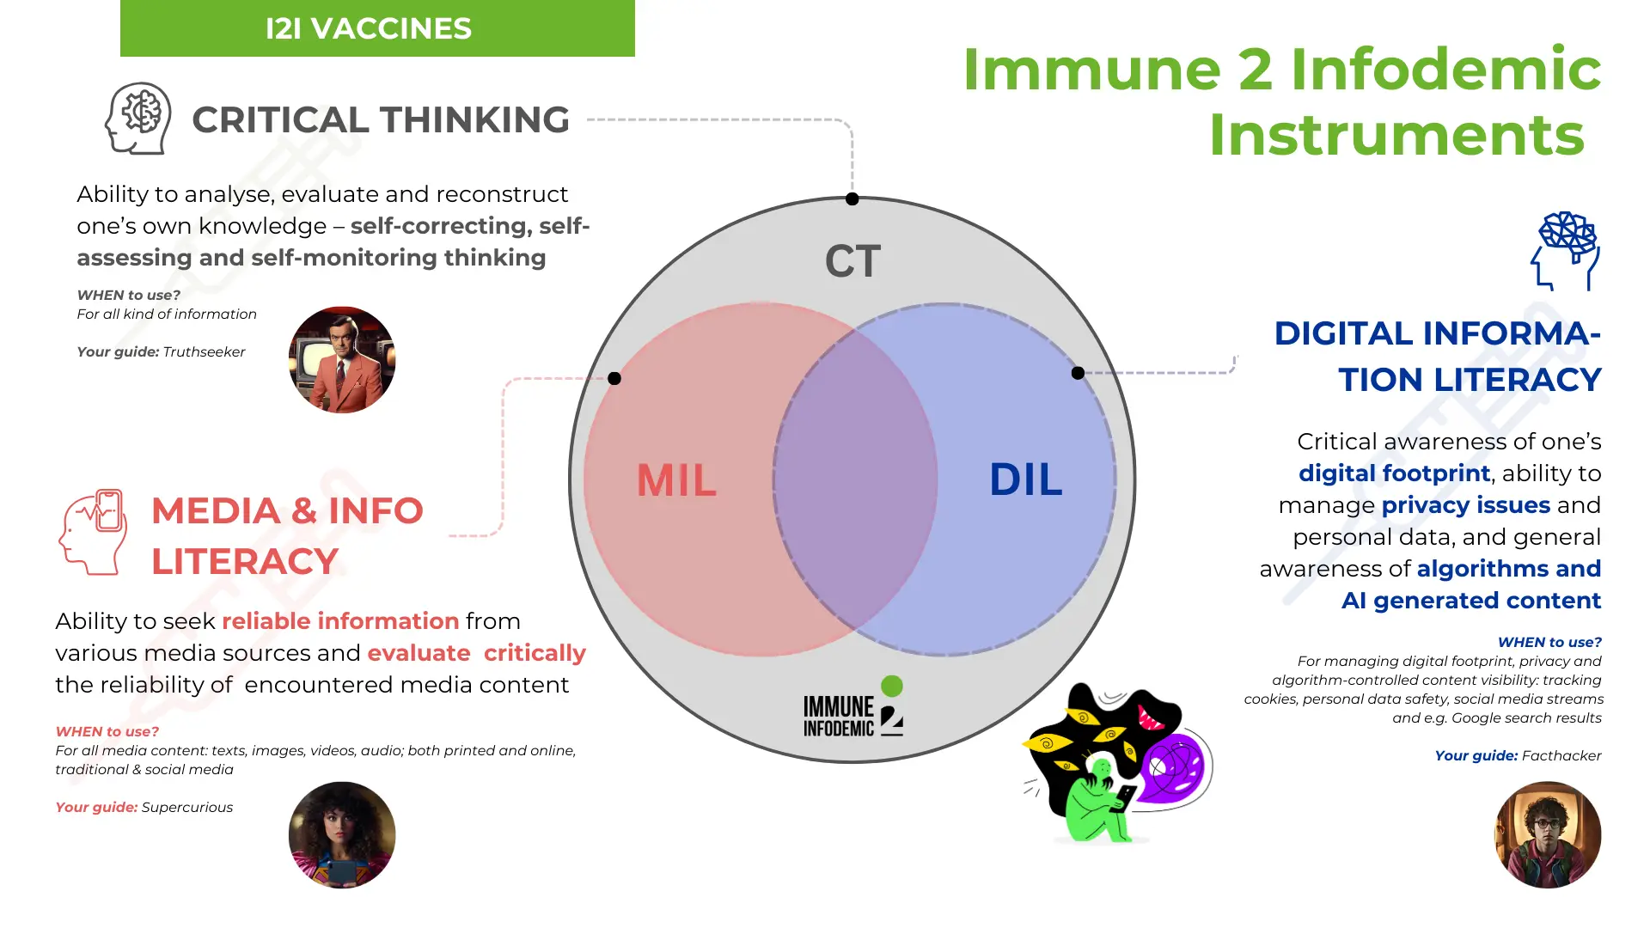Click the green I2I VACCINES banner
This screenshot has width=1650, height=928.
click(x=377, y=28)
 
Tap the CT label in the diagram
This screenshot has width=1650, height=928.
click(x=852, y=261)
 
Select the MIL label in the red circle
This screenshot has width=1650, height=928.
click(x=676, y=479)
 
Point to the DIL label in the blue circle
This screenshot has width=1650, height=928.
click(x=1025, y=479)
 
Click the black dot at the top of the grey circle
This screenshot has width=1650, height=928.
click(x=852, y=199)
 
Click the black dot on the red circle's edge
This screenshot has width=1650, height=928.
click(x=614, y=378)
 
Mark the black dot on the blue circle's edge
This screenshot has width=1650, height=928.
click(x=1078, y=373)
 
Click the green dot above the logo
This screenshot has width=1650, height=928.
click(x=892, y=686)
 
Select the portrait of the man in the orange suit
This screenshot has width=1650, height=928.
click(x=342, y=360)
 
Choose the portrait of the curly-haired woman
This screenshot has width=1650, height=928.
click(x=342, y=834)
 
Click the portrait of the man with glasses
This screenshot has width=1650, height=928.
click(x=1548, y=834)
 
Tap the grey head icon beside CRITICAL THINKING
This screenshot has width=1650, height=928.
click(x=137, y=119)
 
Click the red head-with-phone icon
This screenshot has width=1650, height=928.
click(x=94, y=532)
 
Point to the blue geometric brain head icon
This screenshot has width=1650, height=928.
click(x=1566, y=250)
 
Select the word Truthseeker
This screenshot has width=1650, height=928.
click(x=204, y=351)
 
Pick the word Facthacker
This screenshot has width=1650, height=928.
click(x=1561, y=755)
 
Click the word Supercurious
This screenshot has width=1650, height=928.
click(x=186, y=807)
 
